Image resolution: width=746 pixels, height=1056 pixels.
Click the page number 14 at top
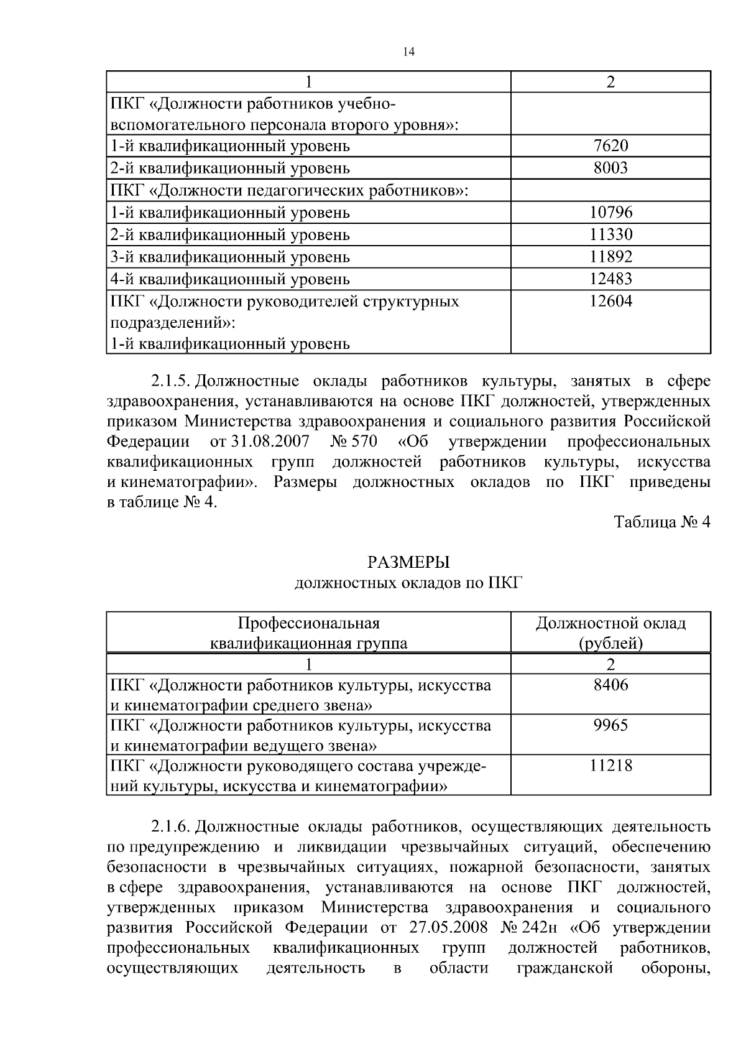coord(408,52)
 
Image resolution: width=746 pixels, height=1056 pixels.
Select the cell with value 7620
coord(610,146)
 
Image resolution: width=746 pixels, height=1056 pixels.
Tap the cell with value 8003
coord(610,168)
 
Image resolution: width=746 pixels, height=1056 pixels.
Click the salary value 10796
coord(610,213)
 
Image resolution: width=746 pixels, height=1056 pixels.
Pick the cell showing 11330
coord(610,235)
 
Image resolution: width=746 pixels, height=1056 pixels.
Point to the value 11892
coord(610,257)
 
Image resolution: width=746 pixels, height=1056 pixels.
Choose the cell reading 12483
coord(610,279)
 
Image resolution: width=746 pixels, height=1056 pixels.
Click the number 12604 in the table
coord(610,302)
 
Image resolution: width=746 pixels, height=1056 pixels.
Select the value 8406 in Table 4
coord(610,685)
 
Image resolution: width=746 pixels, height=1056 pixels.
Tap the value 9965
coord(610,726)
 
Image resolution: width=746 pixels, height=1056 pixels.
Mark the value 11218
coord(610,766)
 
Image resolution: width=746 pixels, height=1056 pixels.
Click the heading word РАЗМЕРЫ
coord(408,563)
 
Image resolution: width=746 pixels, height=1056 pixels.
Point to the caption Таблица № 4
coord(661,522)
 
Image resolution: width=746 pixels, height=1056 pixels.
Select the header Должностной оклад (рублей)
coord(610,633)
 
